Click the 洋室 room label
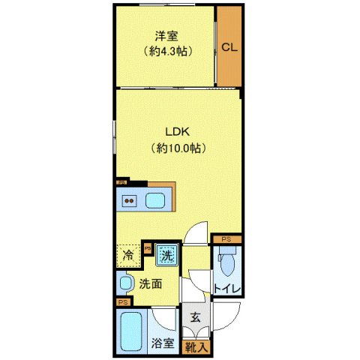(166, 35)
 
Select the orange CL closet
(229, 47)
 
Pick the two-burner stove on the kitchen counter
(129, 200)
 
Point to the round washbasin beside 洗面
(126, 283)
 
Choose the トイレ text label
(226, 289)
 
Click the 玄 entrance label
(193, 317)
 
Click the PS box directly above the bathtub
(122, 301)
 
